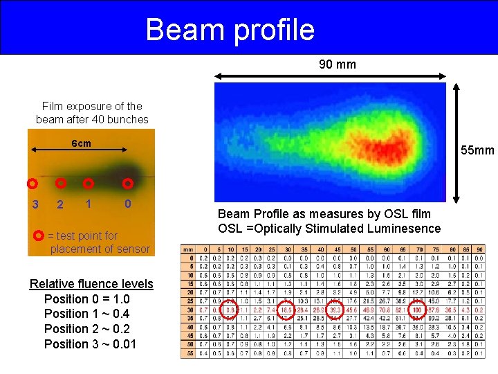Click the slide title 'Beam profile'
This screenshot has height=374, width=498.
(230, 29)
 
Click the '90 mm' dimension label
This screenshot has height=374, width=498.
(338, 64)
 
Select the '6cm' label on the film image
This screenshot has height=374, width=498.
(81, 143)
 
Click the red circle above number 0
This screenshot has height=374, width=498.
(128, 184)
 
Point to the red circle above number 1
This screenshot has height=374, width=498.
(88, 184)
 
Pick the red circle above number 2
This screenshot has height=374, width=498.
(61, 184)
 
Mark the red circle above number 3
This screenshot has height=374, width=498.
(32, 184)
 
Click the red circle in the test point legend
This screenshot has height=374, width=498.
(39, 235)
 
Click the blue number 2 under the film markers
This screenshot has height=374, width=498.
(60, 204)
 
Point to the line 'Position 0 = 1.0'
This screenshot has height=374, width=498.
(86, 299)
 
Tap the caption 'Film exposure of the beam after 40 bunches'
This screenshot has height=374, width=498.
(92, 112)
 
